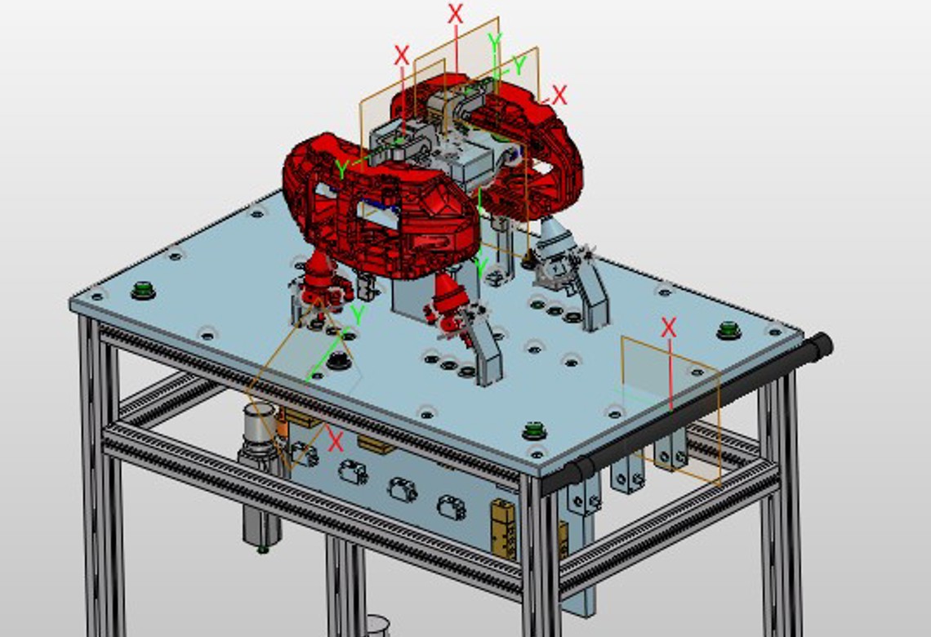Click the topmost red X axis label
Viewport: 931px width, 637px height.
(456, 13)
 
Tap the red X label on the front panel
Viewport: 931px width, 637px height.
(335, 442)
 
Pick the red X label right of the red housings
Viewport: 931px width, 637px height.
(559, 95)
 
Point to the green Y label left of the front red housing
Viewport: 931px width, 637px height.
(342, 170)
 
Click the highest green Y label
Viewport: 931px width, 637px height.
(494, 41)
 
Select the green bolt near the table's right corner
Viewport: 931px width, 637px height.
(728, 330)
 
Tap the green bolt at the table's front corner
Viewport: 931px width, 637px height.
(533, 429)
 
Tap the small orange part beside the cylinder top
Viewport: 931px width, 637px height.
(283, 425)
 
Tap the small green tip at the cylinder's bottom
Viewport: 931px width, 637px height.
(262, 549)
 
